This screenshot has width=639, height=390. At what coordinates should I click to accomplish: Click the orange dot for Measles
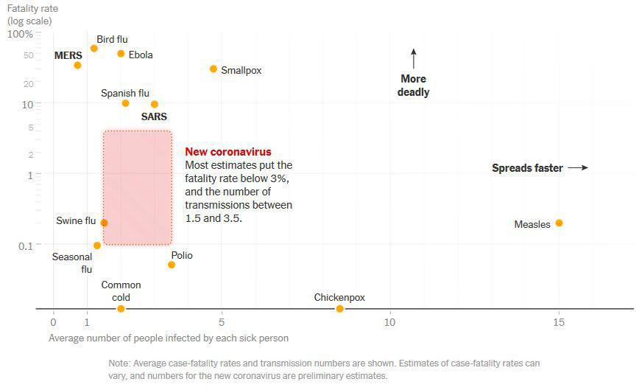559,223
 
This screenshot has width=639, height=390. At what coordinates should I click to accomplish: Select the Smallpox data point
213,69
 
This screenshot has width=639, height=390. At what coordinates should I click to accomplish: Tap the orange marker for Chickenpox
339,308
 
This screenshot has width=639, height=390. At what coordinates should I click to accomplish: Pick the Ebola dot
121,53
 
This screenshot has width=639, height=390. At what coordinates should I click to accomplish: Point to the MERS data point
77,65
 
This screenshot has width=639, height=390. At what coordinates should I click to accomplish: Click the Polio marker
172,264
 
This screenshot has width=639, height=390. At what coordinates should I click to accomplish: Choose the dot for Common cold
121,308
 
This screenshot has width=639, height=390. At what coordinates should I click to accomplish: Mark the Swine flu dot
104,223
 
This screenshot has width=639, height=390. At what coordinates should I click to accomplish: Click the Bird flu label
112,39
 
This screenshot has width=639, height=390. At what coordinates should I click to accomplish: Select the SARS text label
154,116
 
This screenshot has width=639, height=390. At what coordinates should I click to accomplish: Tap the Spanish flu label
125,93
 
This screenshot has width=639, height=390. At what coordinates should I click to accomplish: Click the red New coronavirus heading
228,152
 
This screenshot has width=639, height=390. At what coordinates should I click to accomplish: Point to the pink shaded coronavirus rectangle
137,187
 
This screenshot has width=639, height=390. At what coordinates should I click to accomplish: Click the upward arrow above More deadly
414,58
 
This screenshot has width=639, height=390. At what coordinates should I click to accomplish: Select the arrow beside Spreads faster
579,168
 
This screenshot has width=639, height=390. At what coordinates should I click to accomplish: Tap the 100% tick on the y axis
21,34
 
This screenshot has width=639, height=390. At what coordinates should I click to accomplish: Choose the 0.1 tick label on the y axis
26,245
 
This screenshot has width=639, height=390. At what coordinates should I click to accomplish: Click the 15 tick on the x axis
559,322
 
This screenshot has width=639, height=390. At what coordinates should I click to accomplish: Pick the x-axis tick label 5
222,322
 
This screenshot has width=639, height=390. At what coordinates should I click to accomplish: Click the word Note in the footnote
119,363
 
